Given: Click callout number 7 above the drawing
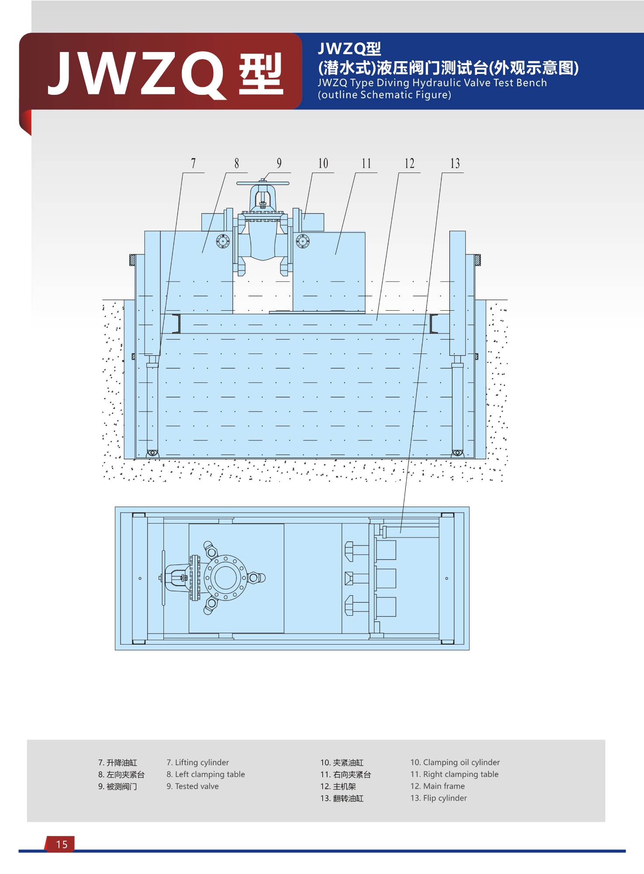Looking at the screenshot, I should tap(193, 163).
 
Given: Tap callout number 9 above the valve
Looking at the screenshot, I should tap(279, 163).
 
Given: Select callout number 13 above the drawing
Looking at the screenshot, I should tap(455, 163).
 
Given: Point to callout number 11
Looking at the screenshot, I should tap(366, 163).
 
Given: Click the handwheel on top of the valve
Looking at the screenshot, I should tap(263, 183).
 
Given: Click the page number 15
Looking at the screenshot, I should tap(62, 844).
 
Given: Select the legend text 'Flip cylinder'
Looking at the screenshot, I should tap(445, 798).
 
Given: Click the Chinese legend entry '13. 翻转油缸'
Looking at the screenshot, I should tap(342, 798).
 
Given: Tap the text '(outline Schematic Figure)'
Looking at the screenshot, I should tap(384, 95).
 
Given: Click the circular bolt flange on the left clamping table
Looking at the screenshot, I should tap(223, 241).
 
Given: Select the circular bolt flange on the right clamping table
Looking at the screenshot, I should tap(303, 241).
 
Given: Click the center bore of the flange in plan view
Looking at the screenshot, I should tap(226, 578).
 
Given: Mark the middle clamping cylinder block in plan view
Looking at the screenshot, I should tap(386, 579).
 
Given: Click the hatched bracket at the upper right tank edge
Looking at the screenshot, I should tap(477, 260).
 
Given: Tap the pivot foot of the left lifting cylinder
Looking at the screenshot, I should tap(152, 453).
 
